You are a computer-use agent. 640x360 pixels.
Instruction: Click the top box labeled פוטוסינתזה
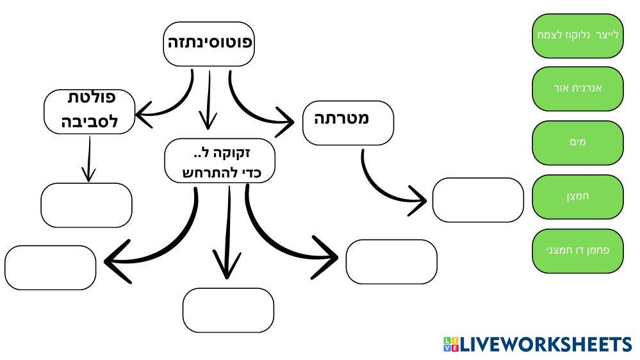coord(209,44)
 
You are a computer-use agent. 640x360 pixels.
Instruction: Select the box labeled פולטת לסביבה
coord(89,111)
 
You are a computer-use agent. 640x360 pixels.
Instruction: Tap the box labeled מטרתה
coord(348,122)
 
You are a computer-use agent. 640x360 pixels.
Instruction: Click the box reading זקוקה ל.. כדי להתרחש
coord(220,161)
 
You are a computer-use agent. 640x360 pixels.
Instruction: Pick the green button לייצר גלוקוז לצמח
coord(577,35)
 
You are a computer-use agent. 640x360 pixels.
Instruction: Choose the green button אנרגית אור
coord(577,88)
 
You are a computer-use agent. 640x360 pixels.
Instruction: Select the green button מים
coord(577,142)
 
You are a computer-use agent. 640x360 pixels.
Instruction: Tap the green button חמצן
coord(577,196)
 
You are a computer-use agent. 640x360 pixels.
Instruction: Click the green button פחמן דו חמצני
coord(577,250)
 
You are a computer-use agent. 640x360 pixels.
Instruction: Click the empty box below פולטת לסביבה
coord(86,205)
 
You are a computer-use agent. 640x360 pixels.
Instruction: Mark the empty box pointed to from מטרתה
coord(478,200)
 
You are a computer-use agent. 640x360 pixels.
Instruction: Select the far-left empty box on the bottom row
coord(50,267)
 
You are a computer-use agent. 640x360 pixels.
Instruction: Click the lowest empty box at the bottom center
coord(228,310)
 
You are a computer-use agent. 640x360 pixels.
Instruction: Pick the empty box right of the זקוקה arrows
coord(391,261)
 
